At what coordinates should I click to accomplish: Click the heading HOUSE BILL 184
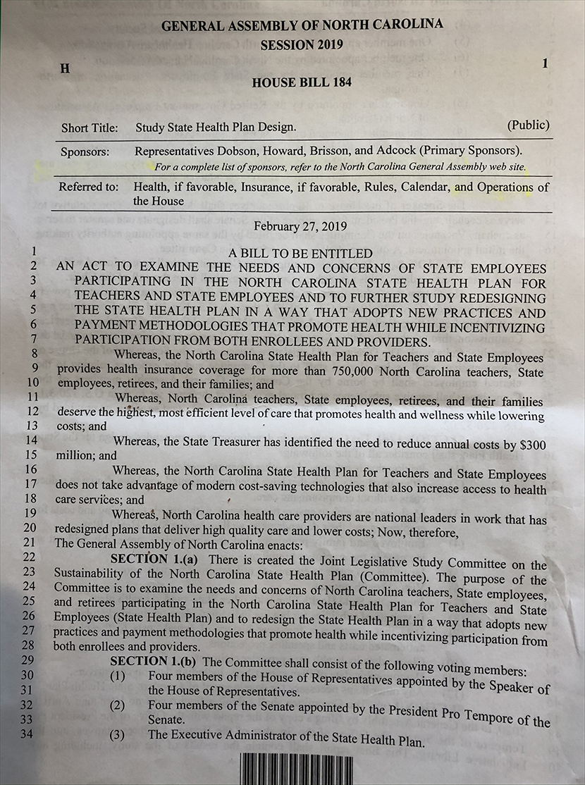pyautogui.click(x=302, y=82)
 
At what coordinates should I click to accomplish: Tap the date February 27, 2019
pyautogui.click(x=301, y=225)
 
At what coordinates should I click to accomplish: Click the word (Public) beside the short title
pyautogui.click(x=528, y=125)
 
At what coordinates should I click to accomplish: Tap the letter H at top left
pyautogui.click(x=65, y=69)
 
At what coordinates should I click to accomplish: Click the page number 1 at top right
pyautogui.click(x=545, y=63)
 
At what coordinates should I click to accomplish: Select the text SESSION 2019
pyautogui.click(x=302, y=45)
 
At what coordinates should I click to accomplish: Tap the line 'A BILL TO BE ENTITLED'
pyautogui.click(x=301, y=254)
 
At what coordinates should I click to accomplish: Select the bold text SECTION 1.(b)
pyautogui.click(x=155, y=661)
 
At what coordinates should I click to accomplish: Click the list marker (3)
pyautogui.click(x=117, y=735)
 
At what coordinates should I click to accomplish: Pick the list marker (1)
pyautogui.click(x=117, y=676)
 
